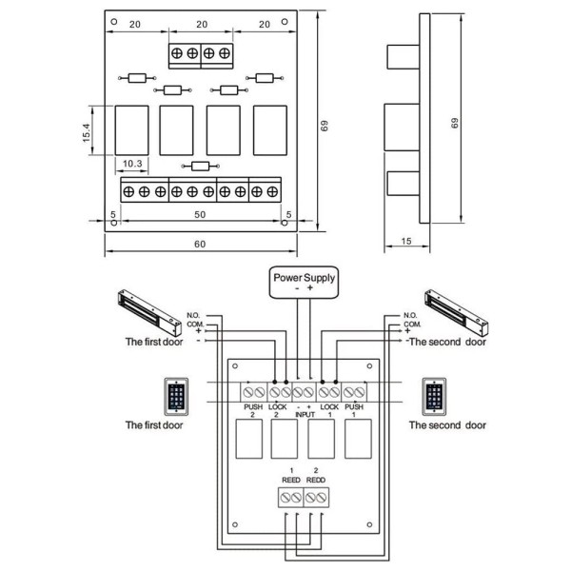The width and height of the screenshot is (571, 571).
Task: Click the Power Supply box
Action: point(305,283)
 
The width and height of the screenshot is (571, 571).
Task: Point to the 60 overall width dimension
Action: point(200,245)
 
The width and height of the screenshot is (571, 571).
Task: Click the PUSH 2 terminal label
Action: point(253,411)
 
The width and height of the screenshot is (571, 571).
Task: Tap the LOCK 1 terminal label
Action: point(328,411)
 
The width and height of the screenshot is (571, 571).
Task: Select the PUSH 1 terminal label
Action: point(354,411)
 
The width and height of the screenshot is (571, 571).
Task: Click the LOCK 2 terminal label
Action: point(279,411)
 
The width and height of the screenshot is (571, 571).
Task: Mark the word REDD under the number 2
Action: point(317,481)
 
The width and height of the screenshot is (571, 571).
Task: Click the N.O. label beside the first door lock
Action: point(193,315)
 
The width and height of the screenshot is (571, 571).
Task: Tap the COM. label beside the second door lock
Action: point(411,324)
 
